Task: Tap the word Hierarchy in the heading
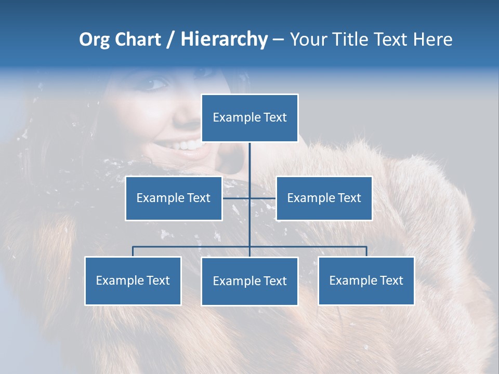[224, 39]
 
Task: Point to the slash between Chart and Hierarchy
[170, 40]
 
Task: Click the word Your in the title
[306, 39]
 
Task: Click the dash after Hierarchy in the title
[278, 40]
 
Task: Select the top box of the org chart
[249, 118]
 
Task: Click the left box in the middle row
[174, 198]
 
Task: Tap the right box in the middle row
[324, 198]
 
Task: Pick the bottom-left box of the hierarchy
[133, 280]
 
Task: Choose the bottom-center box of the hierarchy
[249, 281]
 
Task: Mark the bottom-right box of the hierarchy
[366, 280]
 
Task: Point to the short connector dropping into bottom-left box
[133, 251]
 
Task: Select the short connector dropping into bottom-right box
[366, 251]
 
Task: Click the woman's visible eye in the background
[157, 83]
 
